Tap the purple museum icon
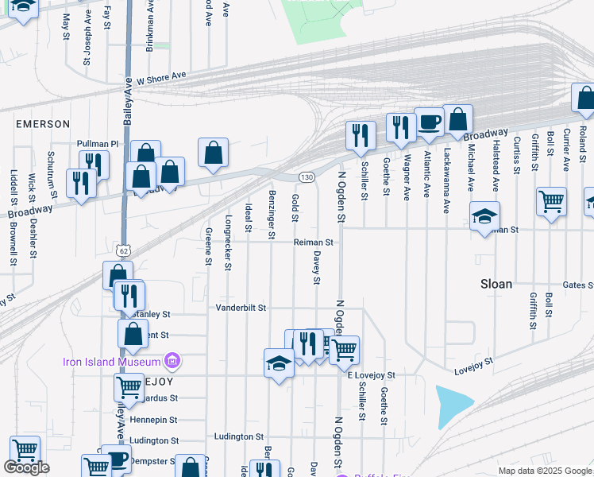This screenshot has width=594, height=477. click(x=172, y=362)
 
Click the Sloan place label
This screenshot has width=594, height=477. click(x=496, y=284)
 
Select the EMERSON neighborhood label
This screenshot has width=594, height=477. click(x=43, y=124)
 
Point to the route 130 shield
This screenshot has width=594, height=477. click(x=307, y=176)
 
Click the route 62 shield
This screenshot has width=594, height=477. click(x=122, y=250)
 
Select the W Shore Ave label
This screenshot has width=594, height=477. click(x=161, y=79)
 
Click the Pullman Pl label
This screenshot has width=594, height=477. click(x=97, y=144)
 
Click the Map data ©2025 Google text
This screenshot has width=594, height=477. click(x=544, y=471)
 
